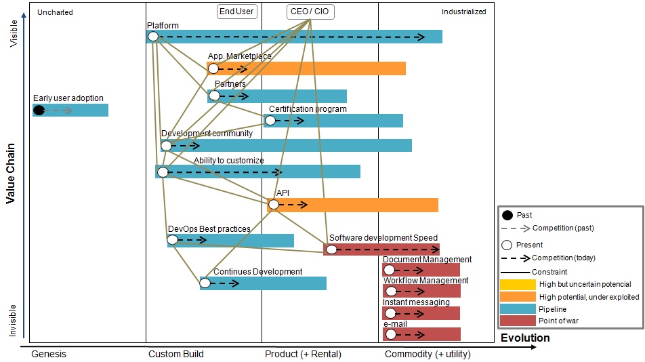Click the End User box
pyautogui.click(x=237, y=12)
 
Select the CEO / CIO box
pyautogui.click(x=310, y=12)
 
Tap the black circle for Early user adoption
pyautogui.click(x=39, y=110)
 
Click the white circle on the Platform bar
pyautogui.click(x=153, y=37)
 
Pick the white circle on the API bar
pyautogui.click(x=273, y=204)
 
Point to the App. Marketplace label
pyautogui.click(x=239, y=56)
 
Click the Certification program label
pyautogui.click(x=308, y=109)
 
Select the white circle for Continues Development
pyautogui.click(x=205, y=283)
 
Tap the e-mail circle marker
pyautogui.click(x=389, y=334)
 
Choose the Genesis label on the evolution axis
pyautogui.click(x=49, y=354)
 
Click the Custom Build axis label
pyautogui.click(x=175, y=354)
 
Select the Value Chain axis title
pyautogui.click(x=11, y=173)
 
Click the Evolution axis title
pyautogui.click(x=525, y=338)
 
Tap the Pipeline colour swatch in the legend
pyautogui.click(x=518, y=308)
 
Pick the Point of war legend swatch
pyautogui.click(x=518, y=321)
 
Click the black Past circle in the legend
pyautogui.click(x=507, y=216)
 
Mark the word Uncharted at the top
pyautogui.click(x=55, y=12)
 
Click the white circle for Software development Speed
pyautogui.click(x=330, y=249)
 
